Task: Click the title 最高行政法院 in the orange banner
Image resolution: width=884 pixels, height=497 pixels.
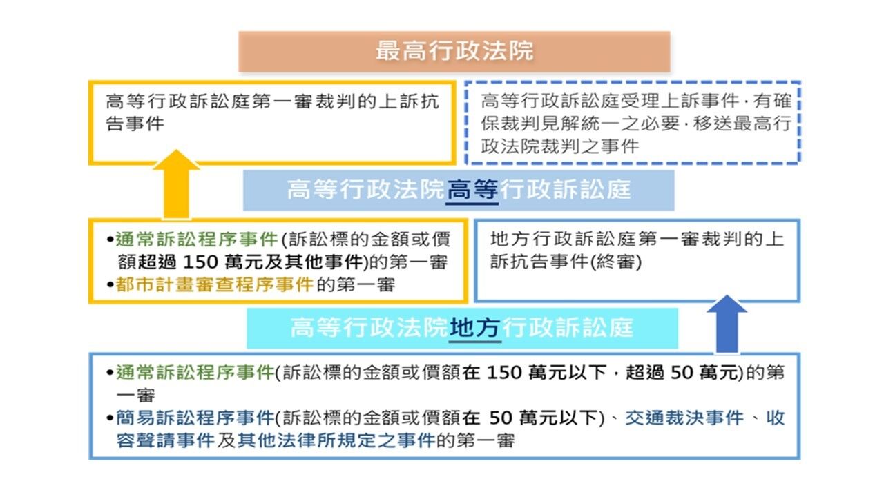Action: (x=454, y=51)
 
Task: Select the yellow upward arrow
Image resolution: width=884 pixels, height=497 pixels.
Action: (x=176, y=184)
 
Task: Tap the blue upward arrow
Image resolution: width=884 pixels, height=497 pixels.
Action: (x=727, y=324)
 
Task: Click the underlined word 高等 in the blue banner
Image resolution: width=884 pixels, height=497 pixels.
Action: (x=472, y=190)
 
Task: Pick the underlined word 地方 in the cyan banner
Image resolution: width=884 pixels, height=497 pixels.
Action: (x=474, y=328)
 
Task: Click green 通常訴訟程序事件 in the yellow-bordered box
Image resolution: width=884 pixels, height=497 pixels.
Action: (x=197, y=240)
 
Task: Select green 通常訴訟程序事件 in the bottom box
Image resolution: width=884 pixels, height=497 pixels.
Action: (x=195, y=372)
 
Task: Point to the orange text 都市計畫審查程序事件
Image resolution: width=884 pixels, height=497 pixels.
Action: (x=215, y=285)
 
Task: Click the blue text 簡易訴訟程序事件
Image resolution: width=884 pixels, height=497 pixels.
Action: (x=195, y=418)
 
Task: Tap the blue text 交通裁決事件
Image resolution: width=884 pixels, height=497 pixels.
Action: (x=684, y=418)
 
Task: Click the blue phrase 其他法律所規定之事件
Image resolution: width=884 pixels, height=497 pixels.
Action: (x=336, y=440)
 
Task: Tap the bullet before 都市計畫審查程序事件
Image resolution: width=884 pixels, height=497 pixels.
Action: (x=110, y=285)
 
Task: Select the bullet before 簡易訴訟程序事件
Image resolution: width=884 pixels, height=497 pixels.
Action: (x=110, y=418)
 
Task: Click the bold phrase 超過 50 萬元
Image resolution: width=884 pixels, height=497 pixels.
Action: (x=682, y=372)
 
